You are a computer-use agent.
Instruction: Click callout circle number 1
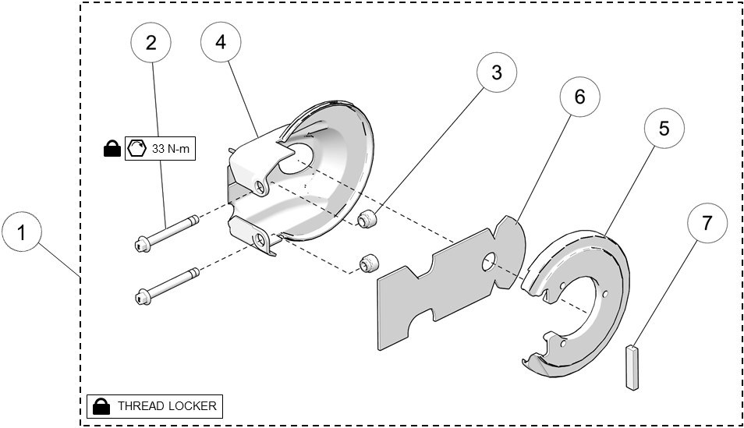point(22,233)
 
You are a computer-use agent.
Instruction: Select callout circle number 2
point(151,42)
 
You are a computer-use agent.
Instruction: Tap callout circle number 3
point(496,73)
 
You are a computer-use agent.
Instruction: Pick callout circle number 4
point(221,42)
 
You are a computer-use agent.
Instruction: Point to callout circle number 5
point(664,128)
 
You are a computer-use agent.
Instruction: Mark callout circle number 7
point(707,223)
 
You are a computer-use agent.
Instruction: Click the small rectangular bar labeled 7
point(632,365)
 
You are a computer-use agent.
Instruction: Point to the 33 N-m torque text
point(171,149)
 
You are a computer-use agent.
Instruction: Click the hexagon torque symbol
point(137,148)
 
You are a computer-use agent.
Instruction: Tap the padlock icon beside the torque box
point(112,148)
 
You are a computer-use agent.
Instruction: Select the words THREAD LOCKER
point(166,406)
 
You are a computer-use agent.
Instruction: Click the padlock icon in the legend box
point(101,406)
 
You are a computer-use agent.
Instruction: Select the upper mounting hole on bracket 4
point(257,186)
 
